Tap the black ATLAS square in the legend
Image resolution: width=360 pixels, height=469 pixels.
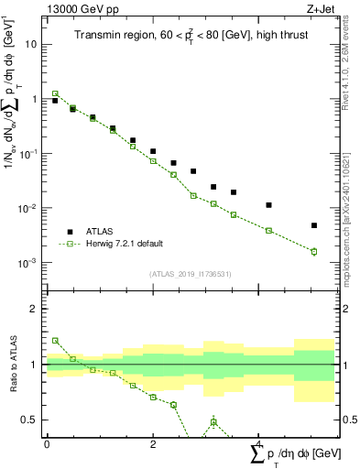click(70, 232)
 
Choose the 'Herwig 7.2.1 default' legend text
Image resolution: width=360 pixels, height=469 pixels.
click(126, 244)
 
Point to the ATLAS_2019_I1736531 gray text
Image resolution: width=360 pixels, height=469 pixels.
click(190, 274)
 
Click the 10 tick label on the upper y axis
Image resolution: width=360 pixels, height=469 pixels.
click(31, 44)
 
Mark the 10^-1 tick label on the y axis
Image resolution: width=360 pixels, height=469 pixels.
click(28, 154)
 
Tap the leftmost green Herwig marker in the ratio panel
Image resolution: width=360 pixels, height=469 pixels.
click(55, 340)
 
